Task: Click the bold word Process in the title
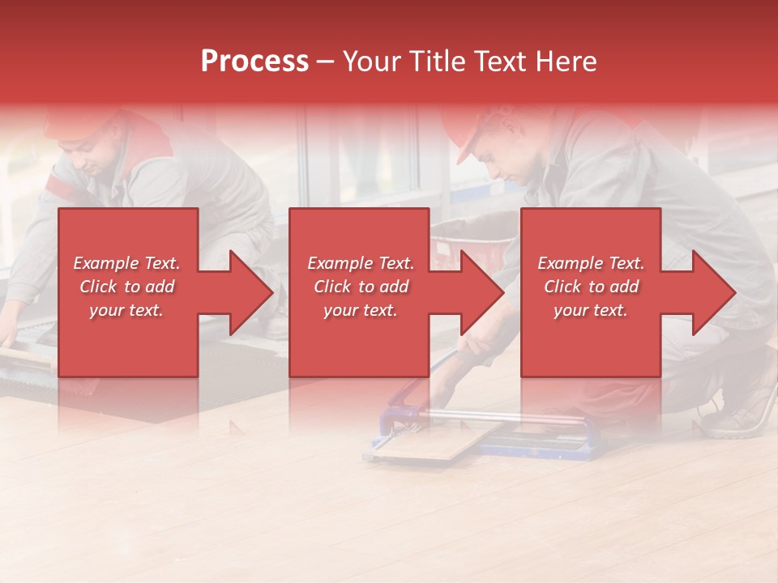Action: [x=254, y=61]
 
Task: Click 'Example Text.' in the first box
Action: [x=127, y=263]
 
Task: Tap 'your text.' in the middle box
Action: [x=360, y=310]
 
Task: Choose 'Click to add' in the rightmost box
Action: [x=591, y=287]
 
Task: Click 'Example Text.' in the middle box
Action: [x=360, y=263]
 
